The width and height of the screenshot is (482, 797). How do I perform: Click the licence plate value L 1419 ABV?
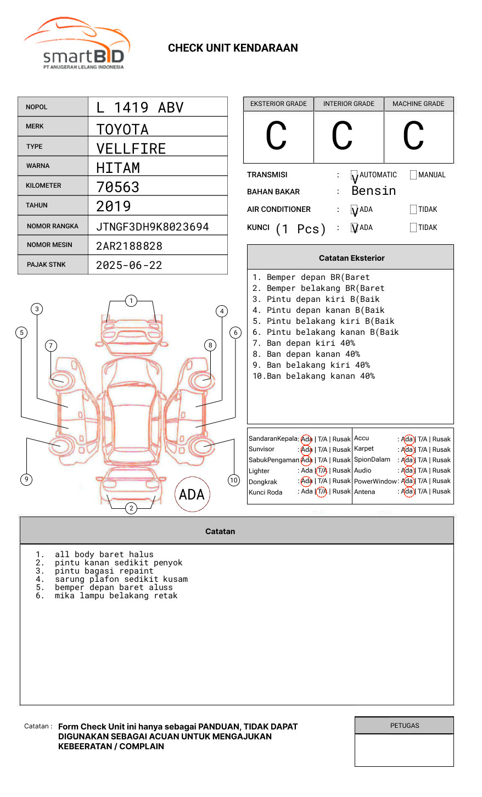(x=140, y=108)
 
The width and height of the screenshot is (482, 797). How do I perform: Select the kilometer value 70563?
(x=117, y=187)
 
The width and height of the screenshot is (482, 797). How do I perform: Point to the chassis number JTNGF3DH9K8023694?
(x=153, y=227)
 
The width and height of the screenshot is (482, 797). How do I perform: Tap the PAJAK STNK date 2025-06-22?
(x=129, y=265)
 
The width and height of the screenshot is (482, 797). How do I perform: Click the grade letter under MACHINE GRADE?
(x=413, y=136)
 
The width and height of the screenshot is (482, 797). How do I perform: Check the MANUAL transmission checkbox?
(x=413, y=175)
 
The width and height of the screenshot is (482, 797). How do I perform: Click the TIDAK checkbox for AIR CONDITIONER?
(x=413, y=209)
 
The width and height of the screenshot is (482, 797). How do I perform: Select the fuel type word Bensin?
(x=374, y=191)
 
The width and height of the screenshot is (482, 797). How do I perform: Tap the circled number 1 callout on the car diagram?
(x=131, y=301)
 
